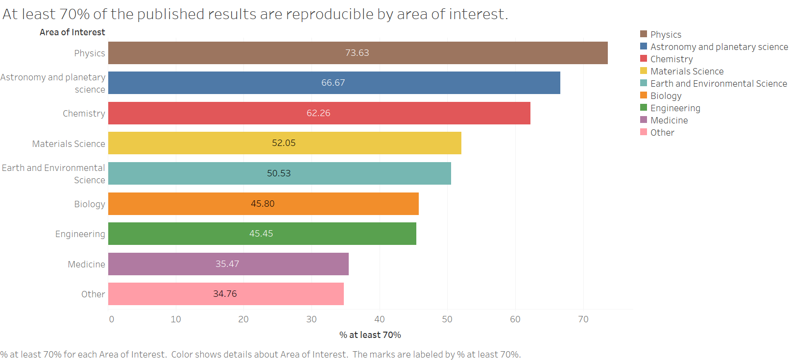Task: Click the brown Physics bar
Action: coord(358,53)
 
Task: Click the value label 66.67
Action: coord(333,83)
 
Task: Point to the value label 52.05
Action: coord(284,143)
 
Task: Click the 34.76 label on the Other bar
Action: coord(225,294)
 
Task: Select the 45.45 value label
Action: coord(261,234)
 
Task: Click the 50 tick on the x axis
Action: coord(447,319)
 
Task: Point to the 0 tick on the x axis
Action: coord(112,319)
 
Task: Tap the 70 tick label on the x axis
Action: coord(583,319)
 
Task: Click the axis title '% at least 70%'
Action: coord(370,335)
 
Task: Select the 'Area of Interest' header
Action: coord(72,32)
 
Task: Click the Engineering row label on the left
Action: coord(80,234)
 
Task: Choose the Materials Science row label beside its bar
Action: coord(69,144)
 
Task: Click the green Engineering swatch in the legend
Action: coord(644,108)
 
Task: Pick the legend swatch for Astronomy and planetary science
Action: coord(644,47)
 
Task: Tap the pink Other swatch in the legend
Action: coord(644,132)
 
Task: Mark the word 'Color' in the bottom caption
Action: coord(182,355)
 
